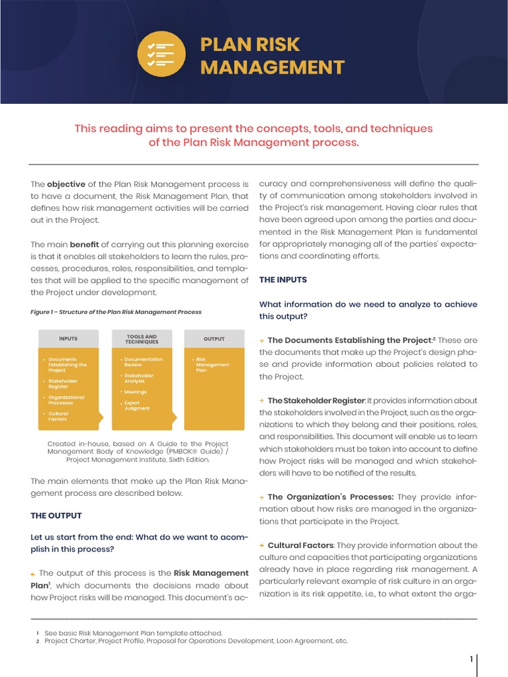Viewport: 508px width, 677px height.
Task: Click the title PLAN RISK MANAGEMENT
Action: pyautogui.click(x=273, y=56)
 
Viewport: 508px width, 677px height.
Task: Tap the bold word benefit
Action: pyautogui.click(x=84, y=244)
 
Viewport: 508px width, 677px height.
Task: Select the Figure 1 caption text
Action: pyautogui.click(x=116, y=312)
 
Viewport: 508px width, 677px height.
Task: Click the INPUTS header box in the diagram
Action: pyautogui.click(x=68, y=338)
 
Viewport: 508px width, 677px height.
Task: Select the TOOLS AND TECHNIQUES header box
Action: pyautogui.click(x=142, y=338)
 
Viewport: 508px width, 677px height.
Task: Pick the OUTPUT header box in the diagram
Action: pyautogui.click(x=214, y=338)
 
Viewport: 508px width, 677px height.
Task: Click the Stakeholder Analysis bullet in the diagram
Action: pyautogui.click(x=139, y=378)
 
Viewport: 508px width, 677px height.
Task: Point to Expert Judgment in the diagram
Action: pyautogui.click(x=138, y=405)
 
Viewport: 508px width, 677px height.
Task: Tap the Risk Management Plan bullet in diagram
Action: pyautogui.click(x=212, y=365)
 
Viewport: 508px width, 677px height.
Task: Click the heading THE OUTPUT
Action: pyautogui.click(x=56, y=515)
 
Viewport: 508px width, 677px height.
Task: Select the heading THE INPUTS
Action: pyautogui.click(x=283, y=280)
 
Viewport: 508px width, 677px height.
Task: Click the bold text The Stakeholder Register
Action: pyautogui.click(x=316, y=401)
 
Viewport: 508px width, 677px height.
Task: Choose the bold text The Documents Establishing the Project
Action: pyautogui.click(x=349, y=340)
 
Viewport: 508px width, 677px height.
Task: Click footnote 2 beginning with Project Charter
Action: pyautogui.click(x=196, y=641)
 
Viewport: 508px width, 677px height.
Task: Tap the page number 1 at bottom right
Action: pyautogui.click(x=471, y=659)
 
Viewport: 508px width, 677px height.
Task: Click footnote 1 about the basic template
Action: pyautogui.click(x=133, y=633)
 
